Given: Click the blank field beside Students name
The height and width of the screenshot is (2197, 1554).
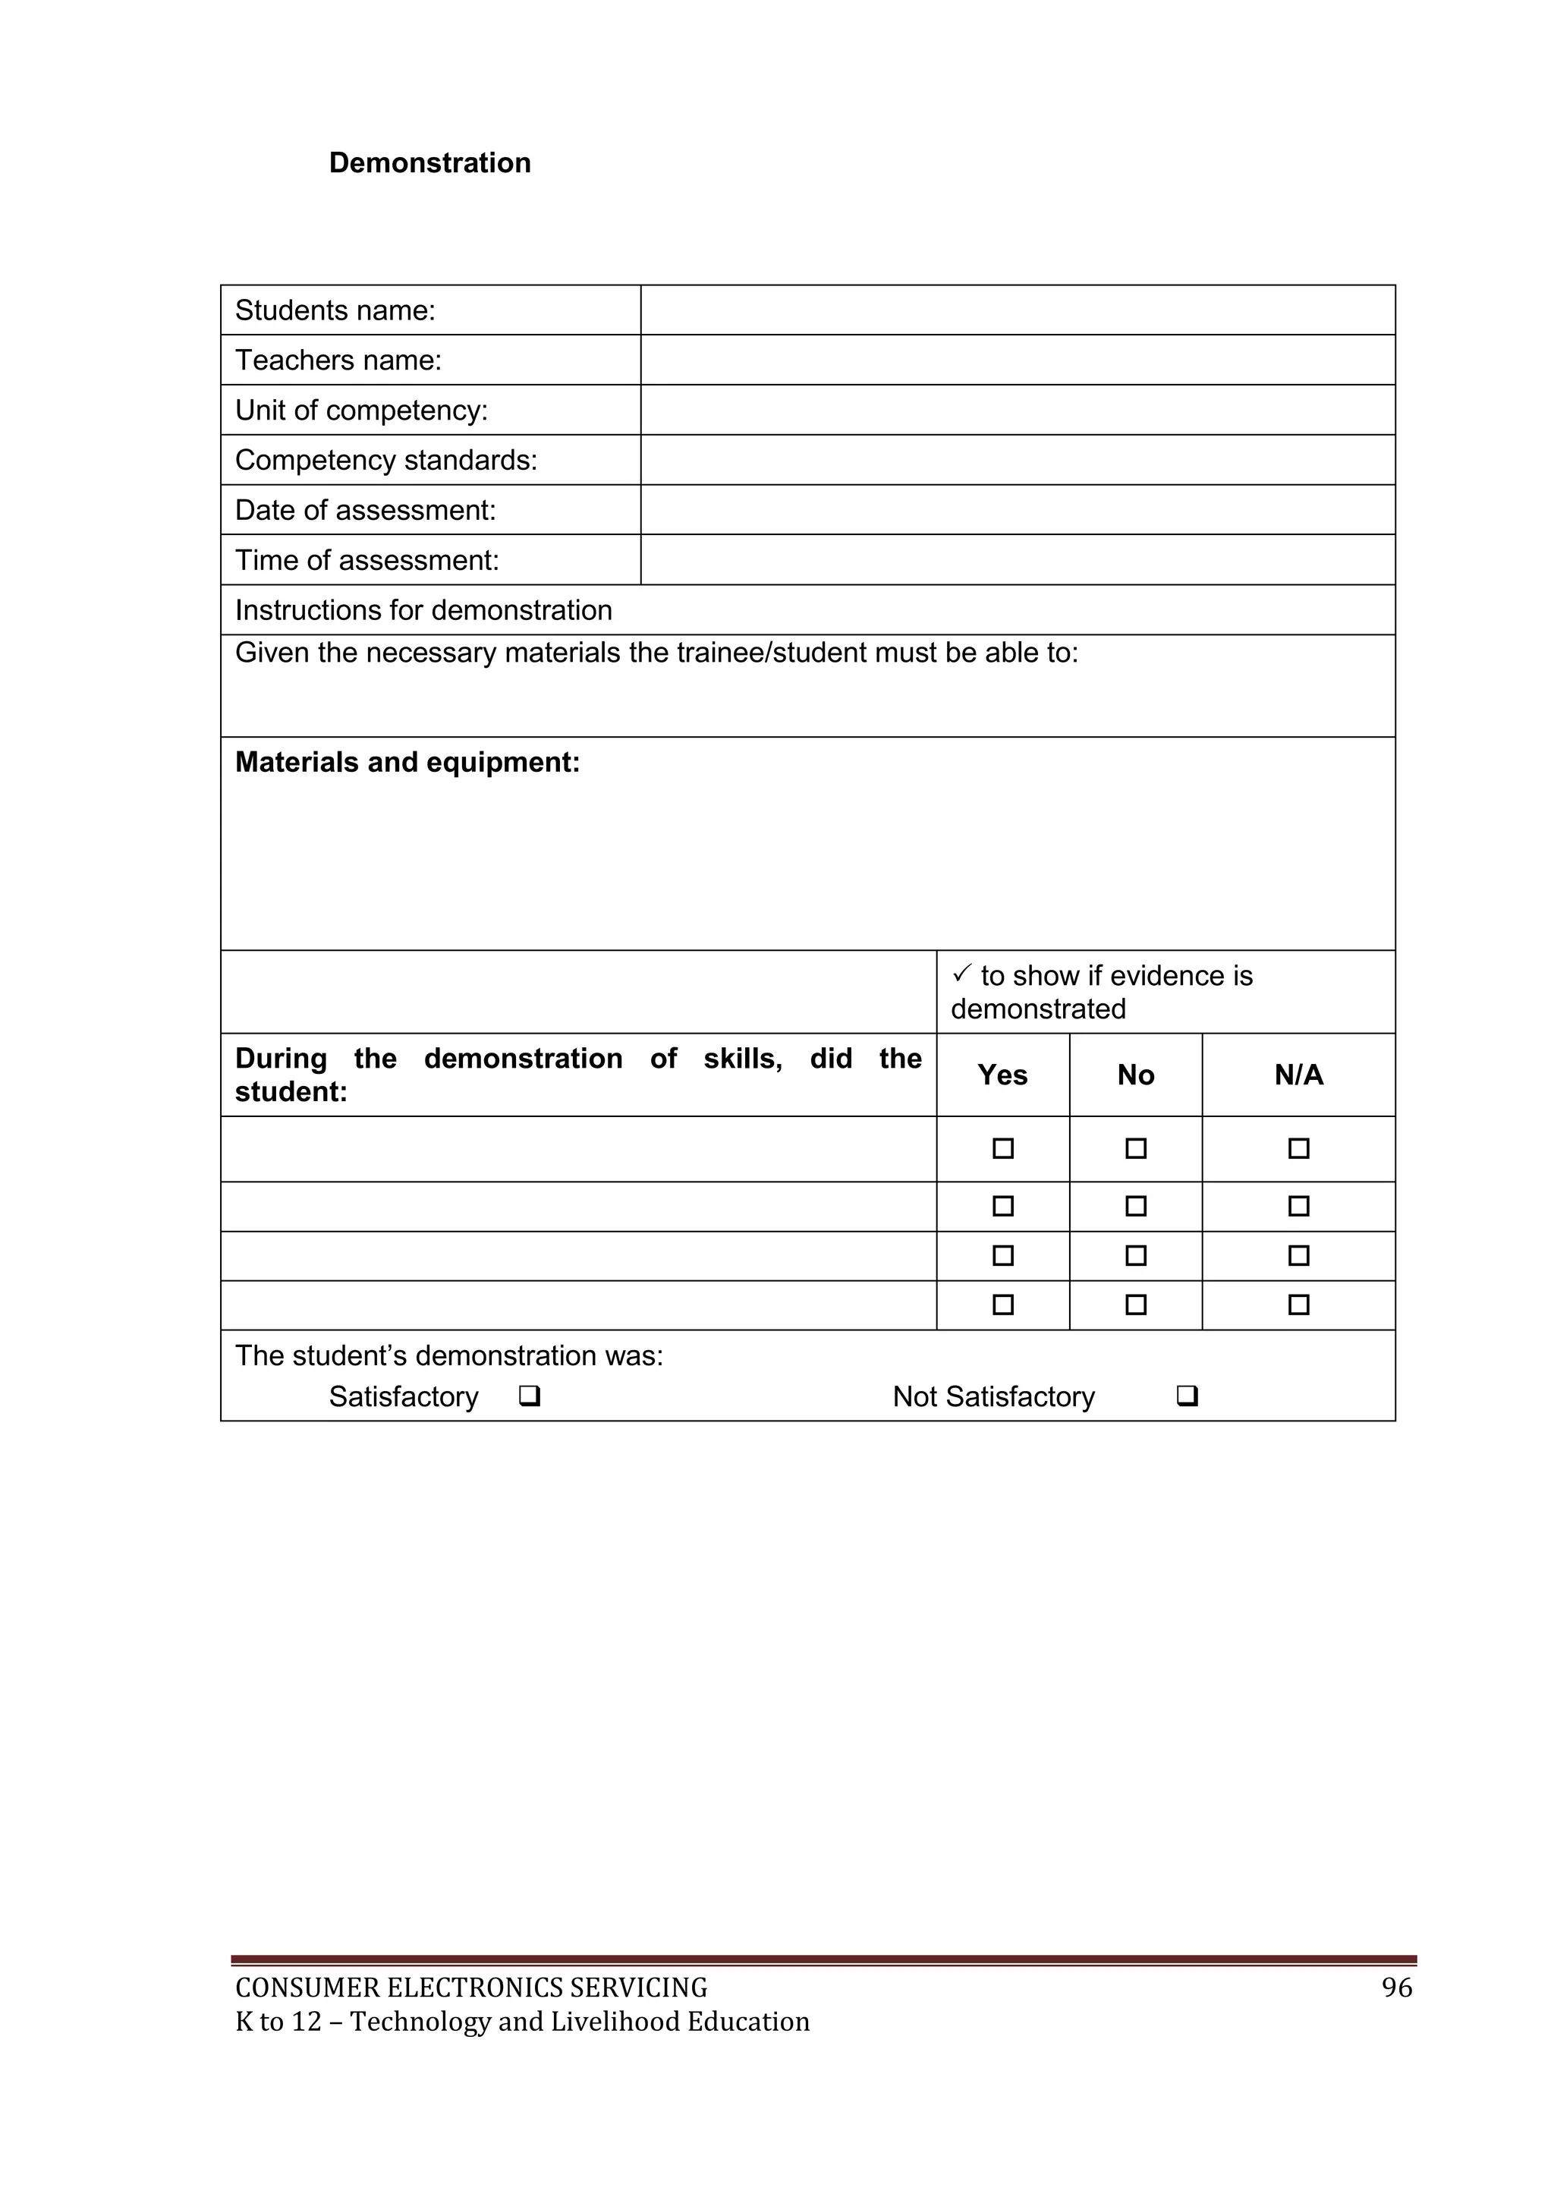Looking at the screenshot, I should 1018,310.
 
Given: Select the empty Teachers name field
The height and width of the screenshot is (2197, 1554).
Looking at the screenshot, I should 1018,360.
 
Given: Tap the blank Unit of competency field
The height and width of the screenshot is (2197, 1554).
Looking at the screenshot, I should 1018,410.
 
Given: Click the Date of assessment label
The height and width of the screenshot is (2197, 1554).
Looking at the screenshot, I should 366,510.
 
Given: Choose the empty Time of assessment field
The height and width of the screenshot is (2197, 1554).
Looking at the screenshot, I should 1018,560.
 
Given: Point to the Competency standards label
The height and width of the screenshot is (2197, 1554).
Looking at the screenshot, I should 385,460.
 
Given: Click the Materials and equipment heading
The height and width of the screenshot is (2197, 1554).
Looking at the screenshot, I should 407,762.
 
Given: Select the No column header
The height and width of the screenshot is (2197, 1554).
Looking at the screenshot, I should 1136,1075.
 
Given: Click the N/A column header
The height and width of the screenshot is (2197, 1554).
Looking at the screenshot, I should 1298,1075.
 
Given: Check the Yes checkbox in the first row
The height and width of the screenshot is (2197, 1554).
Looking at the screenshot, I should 1003,1148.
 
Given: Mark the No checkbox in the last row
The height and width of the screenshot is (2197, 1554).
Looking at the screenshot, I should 1136,1305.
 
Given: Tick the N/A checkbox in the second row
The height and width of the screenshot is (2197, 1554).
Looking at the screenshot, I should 1298,1206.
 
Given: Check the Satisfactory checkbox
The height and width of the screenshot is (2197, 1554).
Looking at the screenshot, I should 529,1396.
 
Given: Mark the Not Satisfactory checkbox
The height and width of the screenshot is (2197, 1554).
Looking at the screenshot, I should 1187,1396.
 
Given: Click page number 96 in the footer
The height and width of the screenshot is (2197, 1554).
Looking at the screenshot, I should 1397,1988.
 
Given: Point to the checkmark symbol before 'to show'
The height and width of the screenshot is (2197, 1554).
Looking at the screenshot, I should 961,974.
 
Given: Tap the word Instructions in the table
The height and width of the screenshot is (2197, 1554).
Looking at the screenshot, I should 291,609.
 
